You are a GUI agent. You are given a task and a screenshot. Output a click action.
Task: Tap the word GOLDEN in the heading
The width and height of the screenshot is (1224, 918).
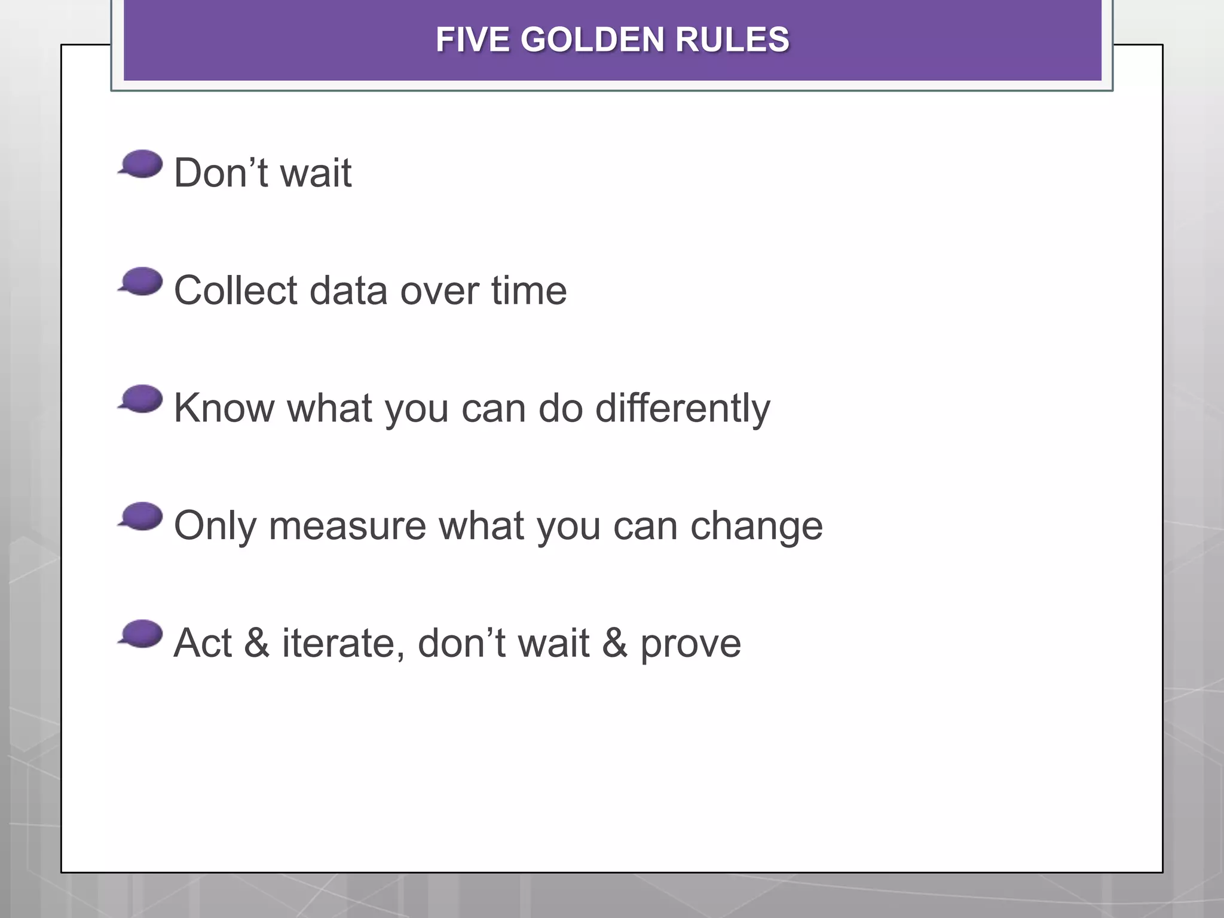click(592, 40)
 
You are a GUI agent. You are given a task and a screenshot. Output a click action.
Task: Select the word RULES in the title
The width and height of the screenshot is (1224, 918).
click(732, 40)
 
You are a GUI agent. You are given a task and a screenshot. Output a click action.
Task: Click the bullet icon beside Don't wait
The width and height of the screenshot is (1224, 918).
click(141, 164)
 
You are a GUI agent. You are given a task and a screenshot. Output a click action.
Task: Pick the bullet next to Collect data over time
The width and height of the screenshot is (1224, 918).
click(141, 281)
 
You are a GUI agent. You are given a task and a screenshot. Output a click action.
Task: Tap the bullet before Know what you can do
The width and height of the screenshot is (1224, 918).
click(141, 399)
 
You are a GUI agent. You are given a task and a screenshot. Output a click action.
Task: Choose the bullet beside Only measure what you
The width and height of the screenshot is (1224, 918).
click(141, 516)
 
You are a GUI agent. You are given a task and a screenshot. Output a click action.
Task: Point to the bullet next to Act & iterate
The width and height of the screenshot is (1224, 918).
click(141, 634)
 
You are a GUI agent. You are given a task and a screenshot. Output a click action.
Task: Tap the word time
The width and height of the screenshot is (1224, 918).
click(529, 291)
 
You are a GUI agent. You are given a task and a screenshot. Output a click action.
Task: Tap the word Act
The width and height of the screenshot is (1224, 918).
click(203, 644)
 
